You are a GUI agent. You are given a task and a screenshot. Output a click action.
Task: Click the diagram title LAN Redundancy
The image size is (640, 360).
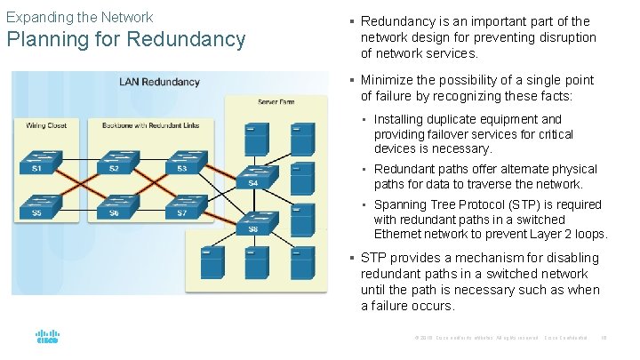[159, 82]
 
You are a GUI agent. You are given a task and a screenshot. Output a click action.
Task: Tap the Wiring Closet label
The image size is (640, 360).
[45, 125]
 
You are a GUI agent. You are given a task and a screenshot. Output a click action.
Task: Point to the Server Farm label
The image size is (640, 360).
[277, 103]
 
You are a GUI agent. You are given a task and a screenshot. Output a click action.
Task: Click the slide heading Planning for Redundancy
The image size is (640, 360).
[125, 40]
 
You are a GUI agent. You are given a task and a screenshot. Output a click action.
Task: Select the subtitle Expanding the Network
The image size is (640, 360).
[79, 17]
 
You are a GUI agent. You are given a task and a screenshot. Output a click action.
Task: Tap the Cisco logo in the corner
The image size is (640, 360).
[47, 338]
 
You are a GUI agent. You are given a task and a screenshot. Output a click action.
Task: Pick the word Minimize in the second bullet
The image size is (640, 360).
[388, 80]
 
